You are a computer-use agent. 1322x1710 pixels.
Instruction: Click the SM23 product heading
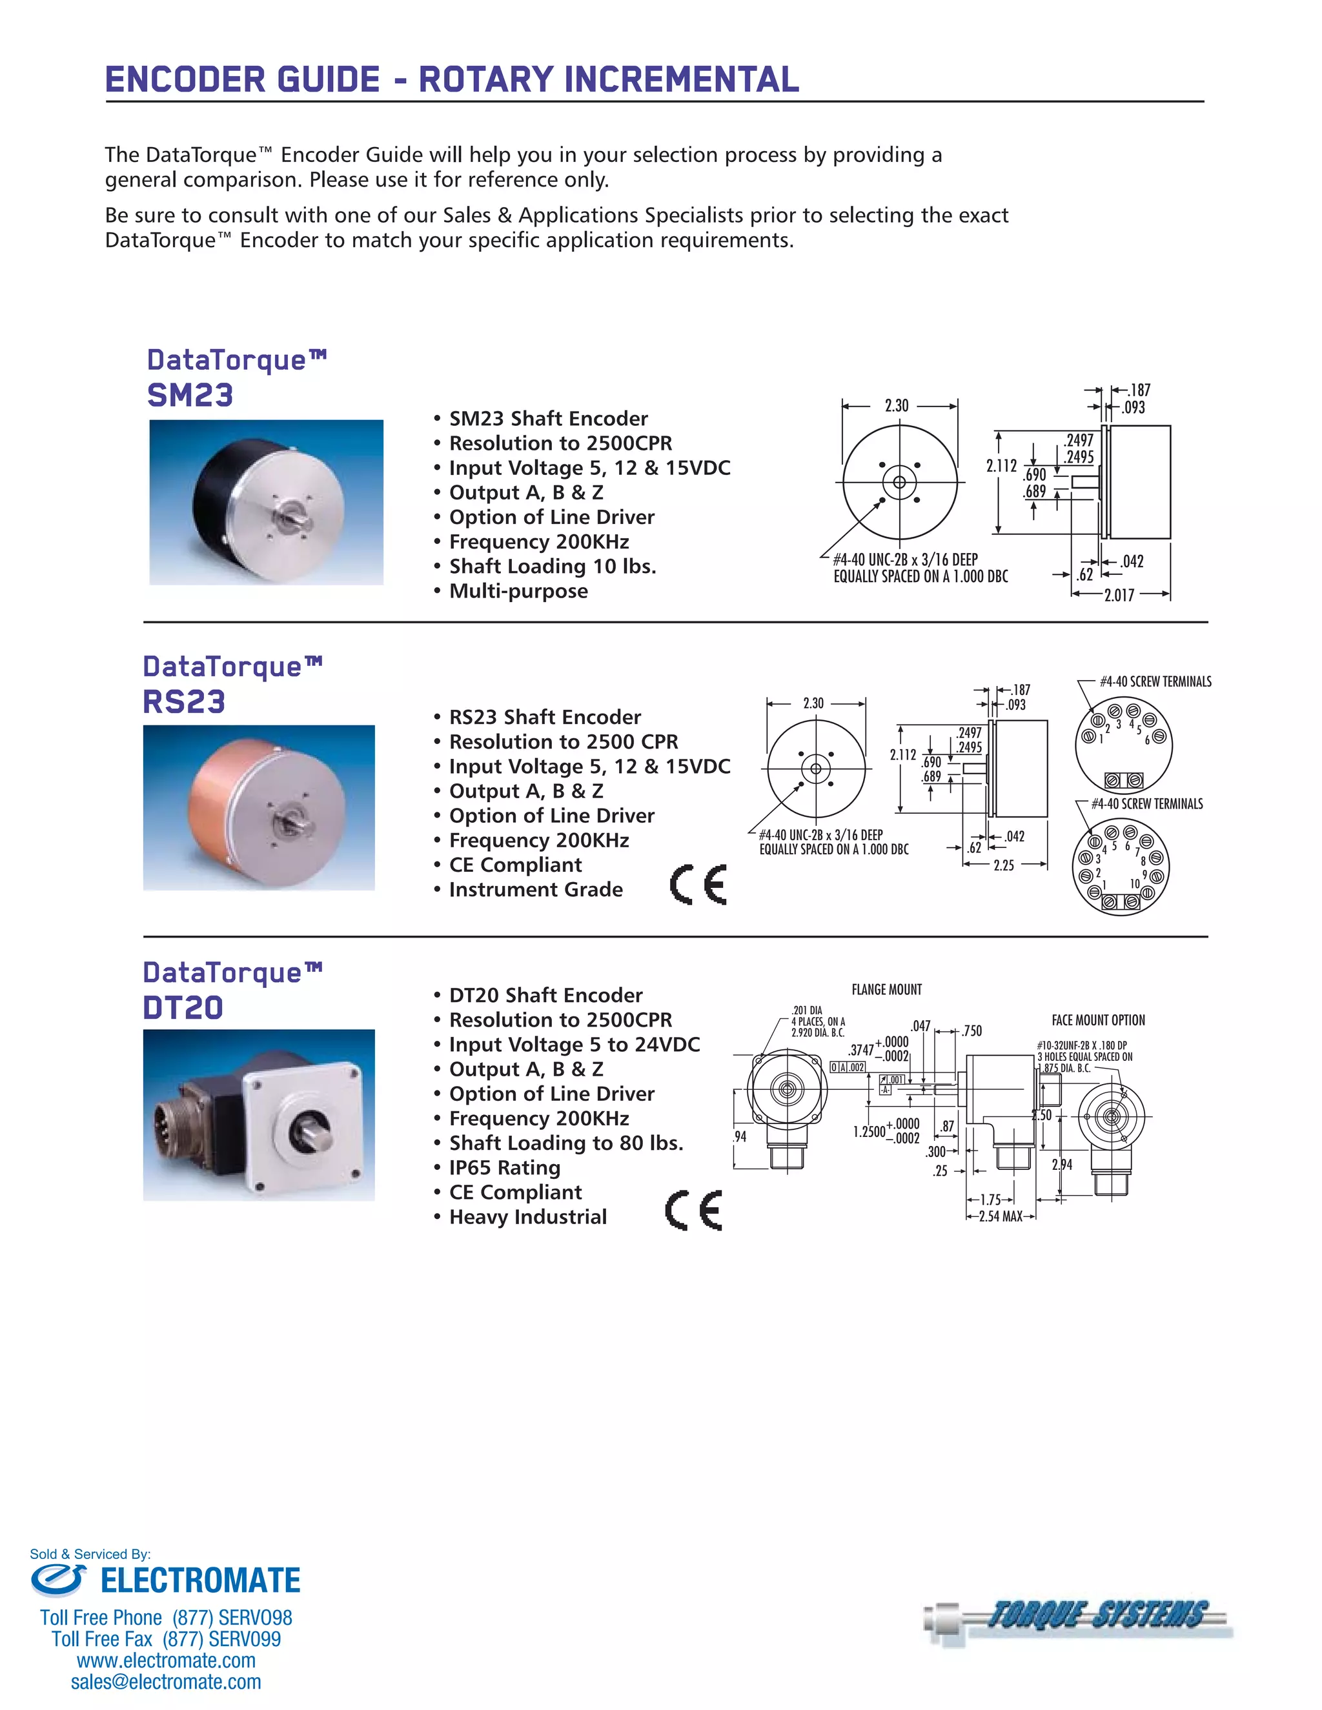pyautogui.click(x=190, y=395)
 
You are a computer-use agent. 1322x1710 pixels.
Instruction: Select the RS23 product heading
pyautogui.click(x=184, y=701)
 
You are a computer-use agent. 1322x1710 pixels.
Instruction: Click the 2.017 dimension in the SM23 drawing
pyautogui.click(x=1119, y=595)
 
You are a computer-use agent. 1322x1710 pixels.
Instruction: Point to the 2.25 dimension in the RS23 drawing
pyautogui.click(x=1003, y=865)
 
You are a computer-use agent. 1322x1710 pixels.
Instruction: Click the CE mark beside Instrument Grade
pyautogui.click(x=698, y=885)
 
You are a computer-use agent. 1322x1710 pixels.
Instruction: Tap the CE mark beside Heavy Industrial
pyautogui.click(x=694, y=1211)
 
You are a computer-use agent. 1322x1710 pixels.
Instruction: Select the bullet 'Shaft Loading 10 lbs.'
pyautogui.click(x=551, y=566)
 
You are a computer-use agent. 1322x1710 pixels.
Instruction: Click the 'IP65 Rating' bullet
pyautogui.click(x=504, y=1167)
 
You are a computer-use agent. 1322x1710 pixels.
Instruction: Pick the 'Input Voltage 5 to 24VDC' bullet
pyautogui.click(x=574, y=1045)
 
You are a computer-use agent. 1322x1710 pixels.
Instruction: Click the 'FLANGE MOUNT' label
pyautogui.click(x=886, y=990)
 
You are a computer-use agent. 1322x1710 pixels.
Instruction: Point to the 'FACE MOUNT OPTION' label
pyautogui.click(x=1098, y=1020)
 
